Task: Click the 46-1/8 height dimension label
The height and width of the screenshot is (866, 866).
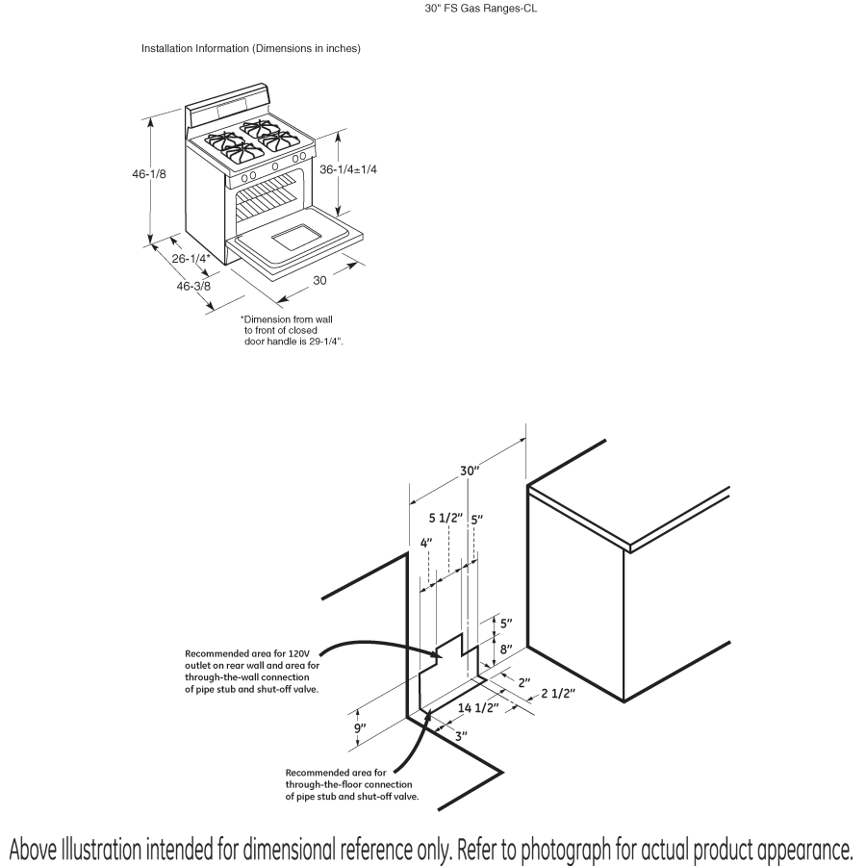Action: [x=150, y=175]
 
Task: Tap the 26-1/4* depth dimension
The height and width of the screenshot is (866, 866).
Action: [x=191, y=258]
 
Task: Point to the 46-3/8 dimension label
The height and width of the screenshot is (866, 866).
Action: [x=194, y=286]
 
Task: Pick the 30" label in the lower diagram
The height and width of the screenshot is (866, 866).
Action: [x=470, y=471]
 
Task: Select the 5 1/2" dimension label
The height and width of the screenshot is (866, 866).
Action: [x=446, y=519]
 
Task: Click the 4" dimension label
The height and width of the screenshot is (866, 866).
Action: [x=427, y=543]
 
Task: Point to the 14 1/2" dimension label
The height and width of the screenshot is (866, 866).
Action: [x=477, y=708]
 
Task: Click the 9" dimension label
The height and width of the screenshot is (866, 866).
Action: [x=360, y=730]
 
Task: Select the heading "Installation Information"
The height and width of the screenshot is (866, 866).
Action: [x=251, y=48]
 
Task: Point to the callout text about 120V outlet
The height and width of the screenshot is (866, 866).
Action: [x=252, y=671]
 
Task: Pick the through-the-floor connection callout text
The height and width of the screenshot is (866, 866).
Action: [x=352, y=784]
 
